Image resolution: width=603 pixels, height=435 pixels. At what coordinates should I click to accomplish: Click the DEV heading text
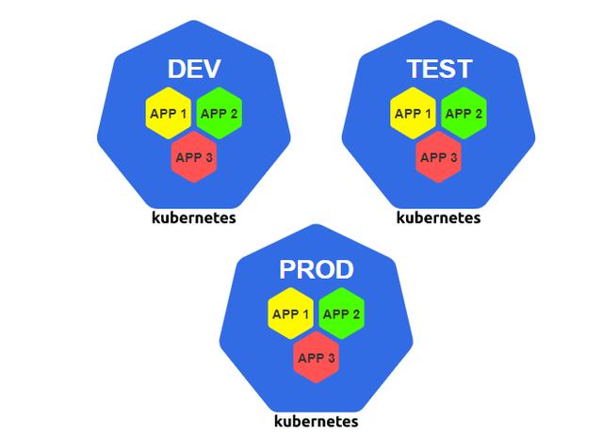coord(194,69)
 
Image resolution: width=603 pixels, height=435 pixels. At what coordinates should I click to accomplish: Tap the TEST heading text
coord(438,69)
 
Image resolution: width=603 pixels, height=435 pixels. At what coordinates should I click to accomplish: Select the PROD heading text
coord(316,270)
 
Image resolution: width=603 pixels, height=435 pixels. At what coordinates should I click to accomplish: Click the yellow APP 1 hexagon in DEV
coord(170,114)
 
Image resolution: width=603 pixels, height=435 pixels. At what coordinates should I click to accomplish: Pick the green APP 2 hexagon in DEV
coord(219,114)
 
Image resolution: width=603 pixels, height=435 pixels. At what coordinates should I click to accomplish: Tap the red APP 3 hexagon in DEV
coord(194,156)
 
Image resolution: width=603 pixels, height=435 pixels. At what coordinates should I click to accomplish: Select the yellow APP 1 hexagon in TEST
coord(414,114)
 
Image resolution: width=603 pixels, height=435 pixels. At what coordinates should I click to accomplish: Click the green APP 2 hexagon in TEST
coord(464,114)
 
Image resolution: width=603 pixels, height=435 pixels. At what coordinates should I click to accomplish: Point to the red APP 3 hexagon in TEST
coord(439,156)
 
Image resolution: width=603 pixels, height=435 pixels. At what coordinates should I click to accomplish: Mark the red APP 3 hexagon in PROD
coord(317,358)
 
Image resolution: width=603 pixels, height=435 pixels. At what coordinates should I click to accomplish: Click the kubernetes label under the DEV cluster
coord(194,217)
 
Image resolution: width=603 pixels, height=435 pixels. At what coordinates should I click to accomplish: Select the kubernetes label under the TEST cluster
coord(438,217)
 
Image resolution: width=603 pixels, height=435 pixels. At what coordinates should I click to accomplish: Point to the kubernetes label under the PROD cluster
coord(316,420)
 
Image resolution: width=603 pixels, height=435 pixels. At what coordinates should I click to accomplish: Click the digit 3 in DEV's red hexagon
coord(209,157)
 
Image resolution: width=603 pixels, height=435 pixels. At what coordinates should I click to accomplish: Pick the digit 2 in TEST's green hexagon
coord(479,114)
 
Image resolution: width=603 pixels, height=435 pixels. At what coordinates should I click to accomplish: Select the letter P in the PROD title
coord(287,270)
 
